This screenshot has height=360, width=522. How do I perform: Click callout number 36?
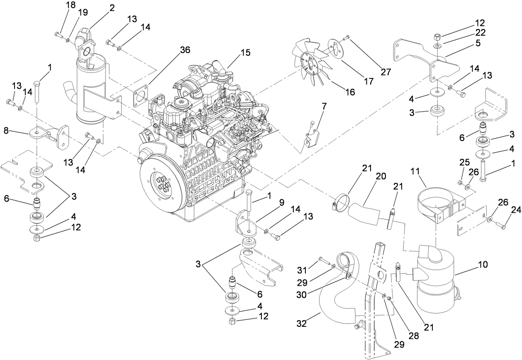[x=185, y=50]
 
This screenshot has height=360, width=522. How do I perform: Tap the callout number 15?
[x=246, y=53]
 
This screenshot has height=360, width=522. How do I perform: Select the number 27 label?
[x=386, y=71]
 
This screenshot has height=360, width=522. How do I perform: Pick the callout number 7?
[x=324, y=106]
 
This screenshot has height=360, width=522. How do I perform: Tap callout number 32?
[x=302, y=323]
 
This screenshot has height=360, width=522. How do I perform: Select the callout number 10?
[x=471, y=264]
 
